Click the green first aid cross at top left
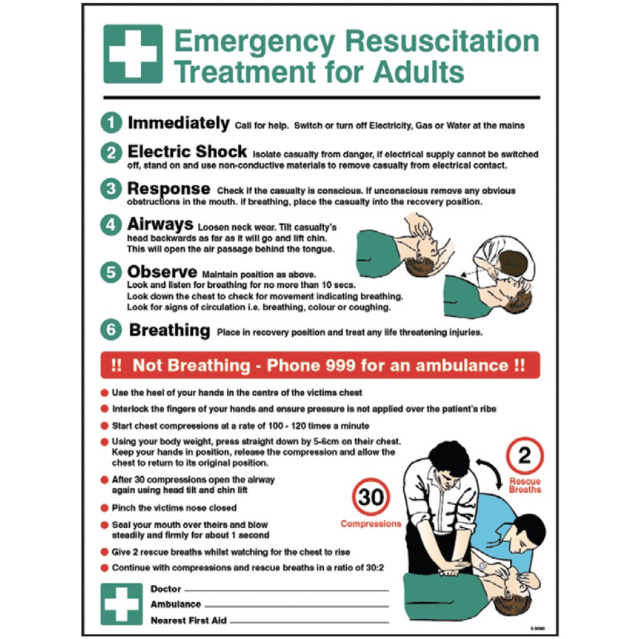coord(133,54)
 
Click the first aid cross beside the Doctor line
coord(122,603)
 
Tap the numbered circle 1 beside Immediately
coord(111,124)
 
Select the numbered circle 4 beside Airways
coord(111,225)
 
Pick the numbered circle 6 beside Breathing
coord(111,330)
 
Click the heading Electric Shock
coord(187,152)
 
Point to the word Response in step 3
coord(168,188)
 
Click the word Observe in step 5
coord(162,272)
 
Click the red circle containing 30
coord(371,497)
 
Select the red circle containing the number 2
coord(525,456)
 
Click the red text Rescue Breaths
coord(525,485)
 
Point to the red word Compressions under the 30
coord(371,524)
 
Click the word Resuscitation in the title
coord(442,42)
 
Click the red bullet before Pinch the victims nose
coord(104,508)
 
